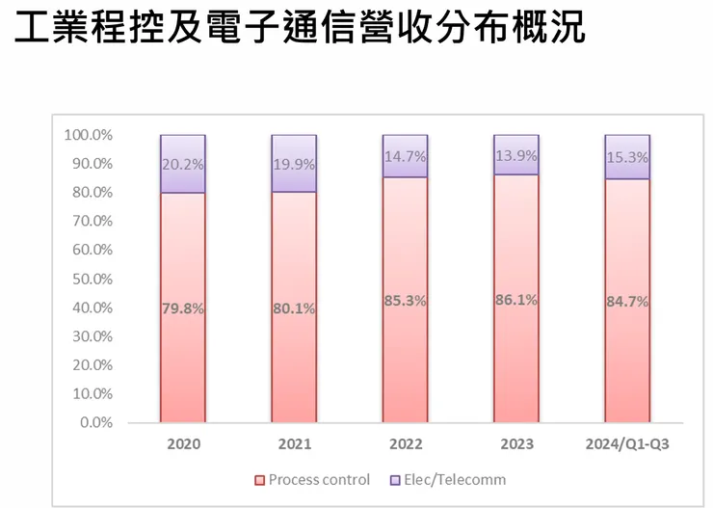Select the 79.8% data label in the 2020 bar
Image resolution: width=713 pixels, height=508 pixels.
coord(182,308)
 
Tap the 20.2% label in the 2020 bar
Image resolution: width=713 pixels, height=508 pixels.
coord(182,164)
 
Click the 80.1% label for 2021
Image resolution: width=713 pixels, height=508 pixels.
coord(294,309)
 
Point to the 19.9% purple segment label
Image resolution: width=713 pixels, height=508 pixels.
coord(294,164)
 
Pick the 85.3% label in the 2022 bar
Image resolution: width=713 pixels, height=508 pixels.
coord(405,301)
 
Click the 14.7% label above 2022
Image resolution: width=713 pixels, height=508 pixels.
coord(405,156)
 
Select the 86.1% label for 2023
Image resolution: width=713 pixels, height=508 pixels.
coord(516,301)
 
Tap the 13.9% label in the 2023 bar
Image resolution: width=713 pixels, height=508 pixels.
coord(516,155)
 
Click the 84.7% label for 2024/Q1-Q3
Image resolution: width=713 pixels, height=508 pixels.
coord(627,302)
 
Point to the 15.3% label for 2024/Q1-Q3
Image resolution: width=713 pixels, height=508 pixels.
coord(627,157)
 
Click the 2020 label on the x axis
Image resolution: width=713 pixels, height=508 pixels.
coord(182,446)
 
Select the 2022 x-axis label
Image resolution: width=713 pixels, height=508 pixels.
coord(405,446)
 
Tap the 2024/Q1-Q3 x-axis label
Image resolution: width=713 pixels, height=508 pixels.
coord(627,446)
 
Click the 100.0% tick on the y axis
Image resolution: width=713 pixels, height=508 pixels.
coord(88,135)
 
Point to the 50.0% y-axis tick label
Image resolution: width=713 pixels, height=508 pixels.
coord(92,279)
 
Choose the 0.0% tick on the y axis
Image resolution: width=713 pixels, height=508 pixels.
coord(95,422)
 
